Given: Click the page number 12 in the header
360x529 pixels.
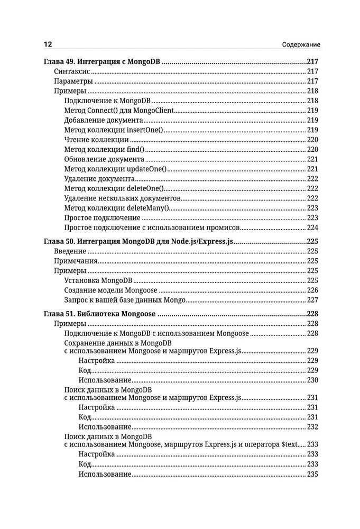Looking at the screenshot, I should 48,44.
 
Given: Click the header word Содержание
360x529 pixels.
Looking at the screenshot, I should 301,44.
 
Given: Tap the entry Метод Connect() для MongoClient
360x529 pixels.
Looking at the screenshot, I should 119,111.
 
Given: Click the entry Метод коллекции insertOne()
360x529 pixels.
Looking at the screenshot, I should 114,130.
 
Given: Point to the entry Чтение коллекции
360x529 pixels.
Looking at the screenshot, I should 96,140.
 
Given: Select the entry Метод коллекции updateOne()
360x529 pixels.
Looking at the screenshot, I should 115,169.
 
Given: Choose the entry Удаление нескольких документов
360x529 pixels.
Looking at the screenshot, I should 122,198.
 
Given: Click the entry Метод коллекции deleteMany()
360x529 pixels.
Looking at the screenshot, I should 117,208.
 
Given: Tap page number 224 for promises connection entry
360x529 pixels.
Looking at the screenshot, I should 312,227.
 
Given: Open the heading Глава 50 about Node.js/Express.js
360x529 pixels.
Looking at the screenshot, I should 138,241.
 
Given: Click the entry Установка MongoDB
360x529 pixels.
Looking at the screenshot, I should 98,280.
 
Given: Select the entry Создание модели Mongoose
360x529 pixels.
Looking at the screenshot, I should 111,290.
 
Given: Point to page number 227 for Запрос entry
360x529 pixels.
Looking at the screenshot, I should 312,300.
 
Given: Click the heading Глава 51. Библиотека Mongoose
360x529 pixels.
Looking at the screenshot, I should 99,314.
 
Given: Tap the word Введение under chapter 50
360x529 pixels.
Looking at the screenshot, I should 70,251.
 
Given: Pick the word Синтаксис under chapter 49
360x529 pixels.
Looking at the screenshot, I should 71,71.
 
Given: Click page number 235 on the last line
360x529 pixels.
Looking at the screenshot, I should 312,475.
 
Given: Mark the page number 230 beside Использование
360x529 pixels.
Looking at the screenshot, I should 312,380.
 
